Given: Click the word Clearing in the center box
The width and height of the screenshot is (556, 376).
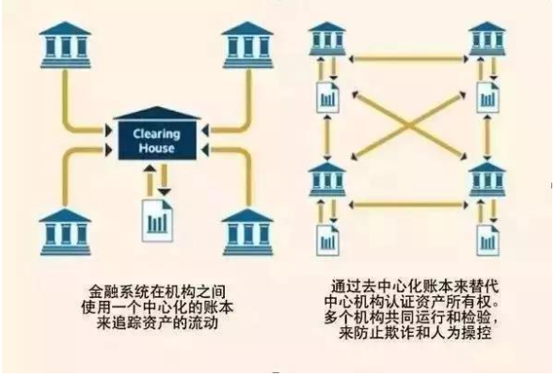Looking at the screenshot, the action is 156,134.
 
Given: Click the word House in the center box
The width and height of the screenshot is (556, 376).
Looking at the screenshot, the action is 156,148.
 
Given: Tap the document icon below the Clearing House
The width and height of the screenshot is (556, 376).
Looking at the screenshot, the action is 157,220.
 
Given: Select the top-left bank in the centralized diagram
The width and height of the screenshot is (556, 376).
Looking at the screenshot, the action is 65,45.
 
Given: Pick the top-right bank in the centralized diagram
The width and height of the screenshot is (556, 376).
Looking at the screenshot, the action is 247,45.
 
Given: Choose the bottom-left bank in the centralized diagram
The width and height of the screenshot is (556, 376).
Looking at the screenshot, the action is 65,232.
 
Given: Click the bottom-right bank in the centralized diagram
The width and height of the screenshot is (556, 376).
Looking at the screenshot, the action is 247,232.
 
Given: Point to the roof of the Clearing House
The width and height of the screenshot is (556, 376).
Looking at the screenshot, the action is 157,114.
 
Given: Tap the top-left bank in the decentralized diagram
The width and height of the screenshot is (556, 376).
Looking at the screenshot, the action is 327,39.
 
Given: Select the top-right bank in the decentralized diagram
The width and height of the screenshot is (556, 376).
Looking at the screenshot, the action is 487,39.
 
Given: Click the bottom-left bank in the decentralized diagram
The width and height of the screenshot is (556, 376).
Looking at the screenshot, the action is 327,180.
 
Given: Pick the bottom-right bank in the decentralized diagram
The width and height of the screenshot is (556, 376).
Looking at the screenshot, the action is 487,180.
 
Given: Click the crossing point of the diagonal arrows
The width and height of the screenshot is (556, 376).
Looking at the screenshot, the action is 409,125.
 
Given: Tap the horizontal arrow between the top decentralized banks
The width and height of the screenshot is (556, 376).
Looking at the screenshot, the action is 409,58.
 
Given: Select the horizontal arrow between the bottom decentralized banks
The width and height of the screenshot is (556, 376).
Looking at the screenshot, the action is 409,205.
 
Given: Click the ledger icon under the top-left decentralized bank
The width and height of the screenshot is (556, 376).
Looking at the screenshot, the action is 327,97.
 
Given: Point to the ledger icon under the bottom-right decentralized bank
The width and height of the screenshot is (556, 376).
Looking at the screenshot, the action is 488,240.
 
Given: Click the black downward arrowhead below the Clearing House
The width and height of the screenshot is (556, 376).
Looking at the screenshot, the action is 165,192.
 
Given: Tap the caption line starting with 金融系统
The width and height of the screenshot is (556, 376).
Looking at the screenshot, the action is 157,292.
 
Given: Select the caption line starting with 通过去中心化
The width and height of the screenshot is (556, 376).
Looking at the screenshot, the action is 415,287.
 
